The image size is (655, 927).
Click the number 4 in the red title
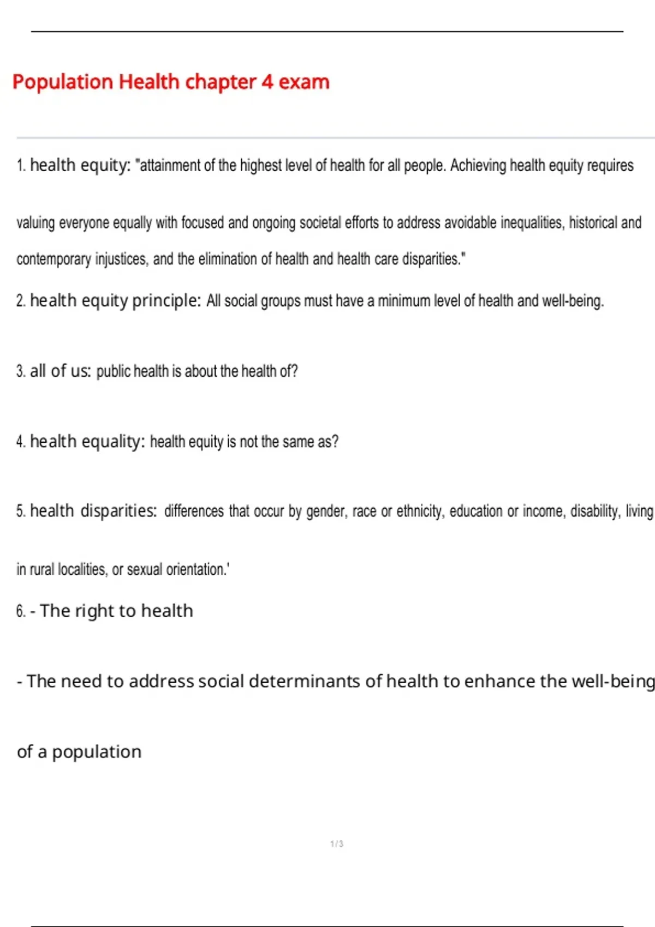tap(267, 82)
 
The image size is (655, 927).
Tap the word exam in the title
tap(304, 82)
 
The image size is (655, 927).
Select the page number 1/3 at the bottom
tap(337, 844)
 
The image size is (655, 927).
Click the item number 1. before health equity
tap(21, 165)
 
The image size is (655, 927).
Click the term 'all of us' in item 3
tap(60, 371)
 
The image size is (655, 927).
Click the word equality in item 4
tap(113, 441)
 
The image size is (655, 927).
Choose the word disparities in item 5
tap(118, 511)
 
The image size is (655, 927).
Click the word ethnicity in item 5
tap(420, 511)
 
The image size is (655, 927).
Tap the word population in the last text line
tap(97, 751)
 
